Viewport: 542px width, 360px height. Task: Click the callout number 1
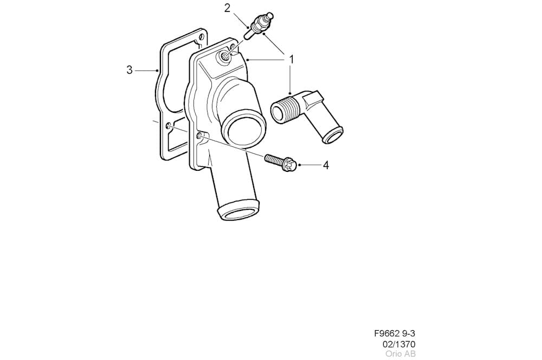[292, 60]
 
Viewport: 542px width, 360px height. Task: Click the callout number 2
[227, 8]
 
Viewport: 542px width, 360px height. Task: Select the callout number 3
[130, 70]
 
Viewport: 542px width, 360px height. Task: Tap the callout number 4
[326, 165]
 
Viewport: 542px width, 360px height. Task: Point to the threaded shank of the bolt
[274, 159]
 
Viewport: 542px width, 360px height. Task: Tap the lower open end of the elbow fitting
[333, 135]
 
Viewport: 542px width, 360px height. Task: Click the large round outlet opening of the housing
[243, 130]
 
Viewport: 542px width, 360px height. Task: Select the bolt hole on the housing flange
[199, 136]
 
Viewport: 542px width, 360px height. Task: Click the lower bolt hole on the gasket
[168, 126]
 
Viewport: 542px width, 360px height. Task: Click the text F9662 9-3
[395, 333]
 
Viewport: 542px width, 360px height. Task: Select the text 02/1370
[399, 344]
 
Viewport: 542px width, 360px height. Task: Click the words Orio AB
[401, 354]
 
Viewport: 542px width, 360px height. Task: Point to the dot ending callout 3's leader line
[157, 70]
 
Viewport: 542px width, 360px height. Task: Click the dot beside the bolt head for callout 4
[299, 165]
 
